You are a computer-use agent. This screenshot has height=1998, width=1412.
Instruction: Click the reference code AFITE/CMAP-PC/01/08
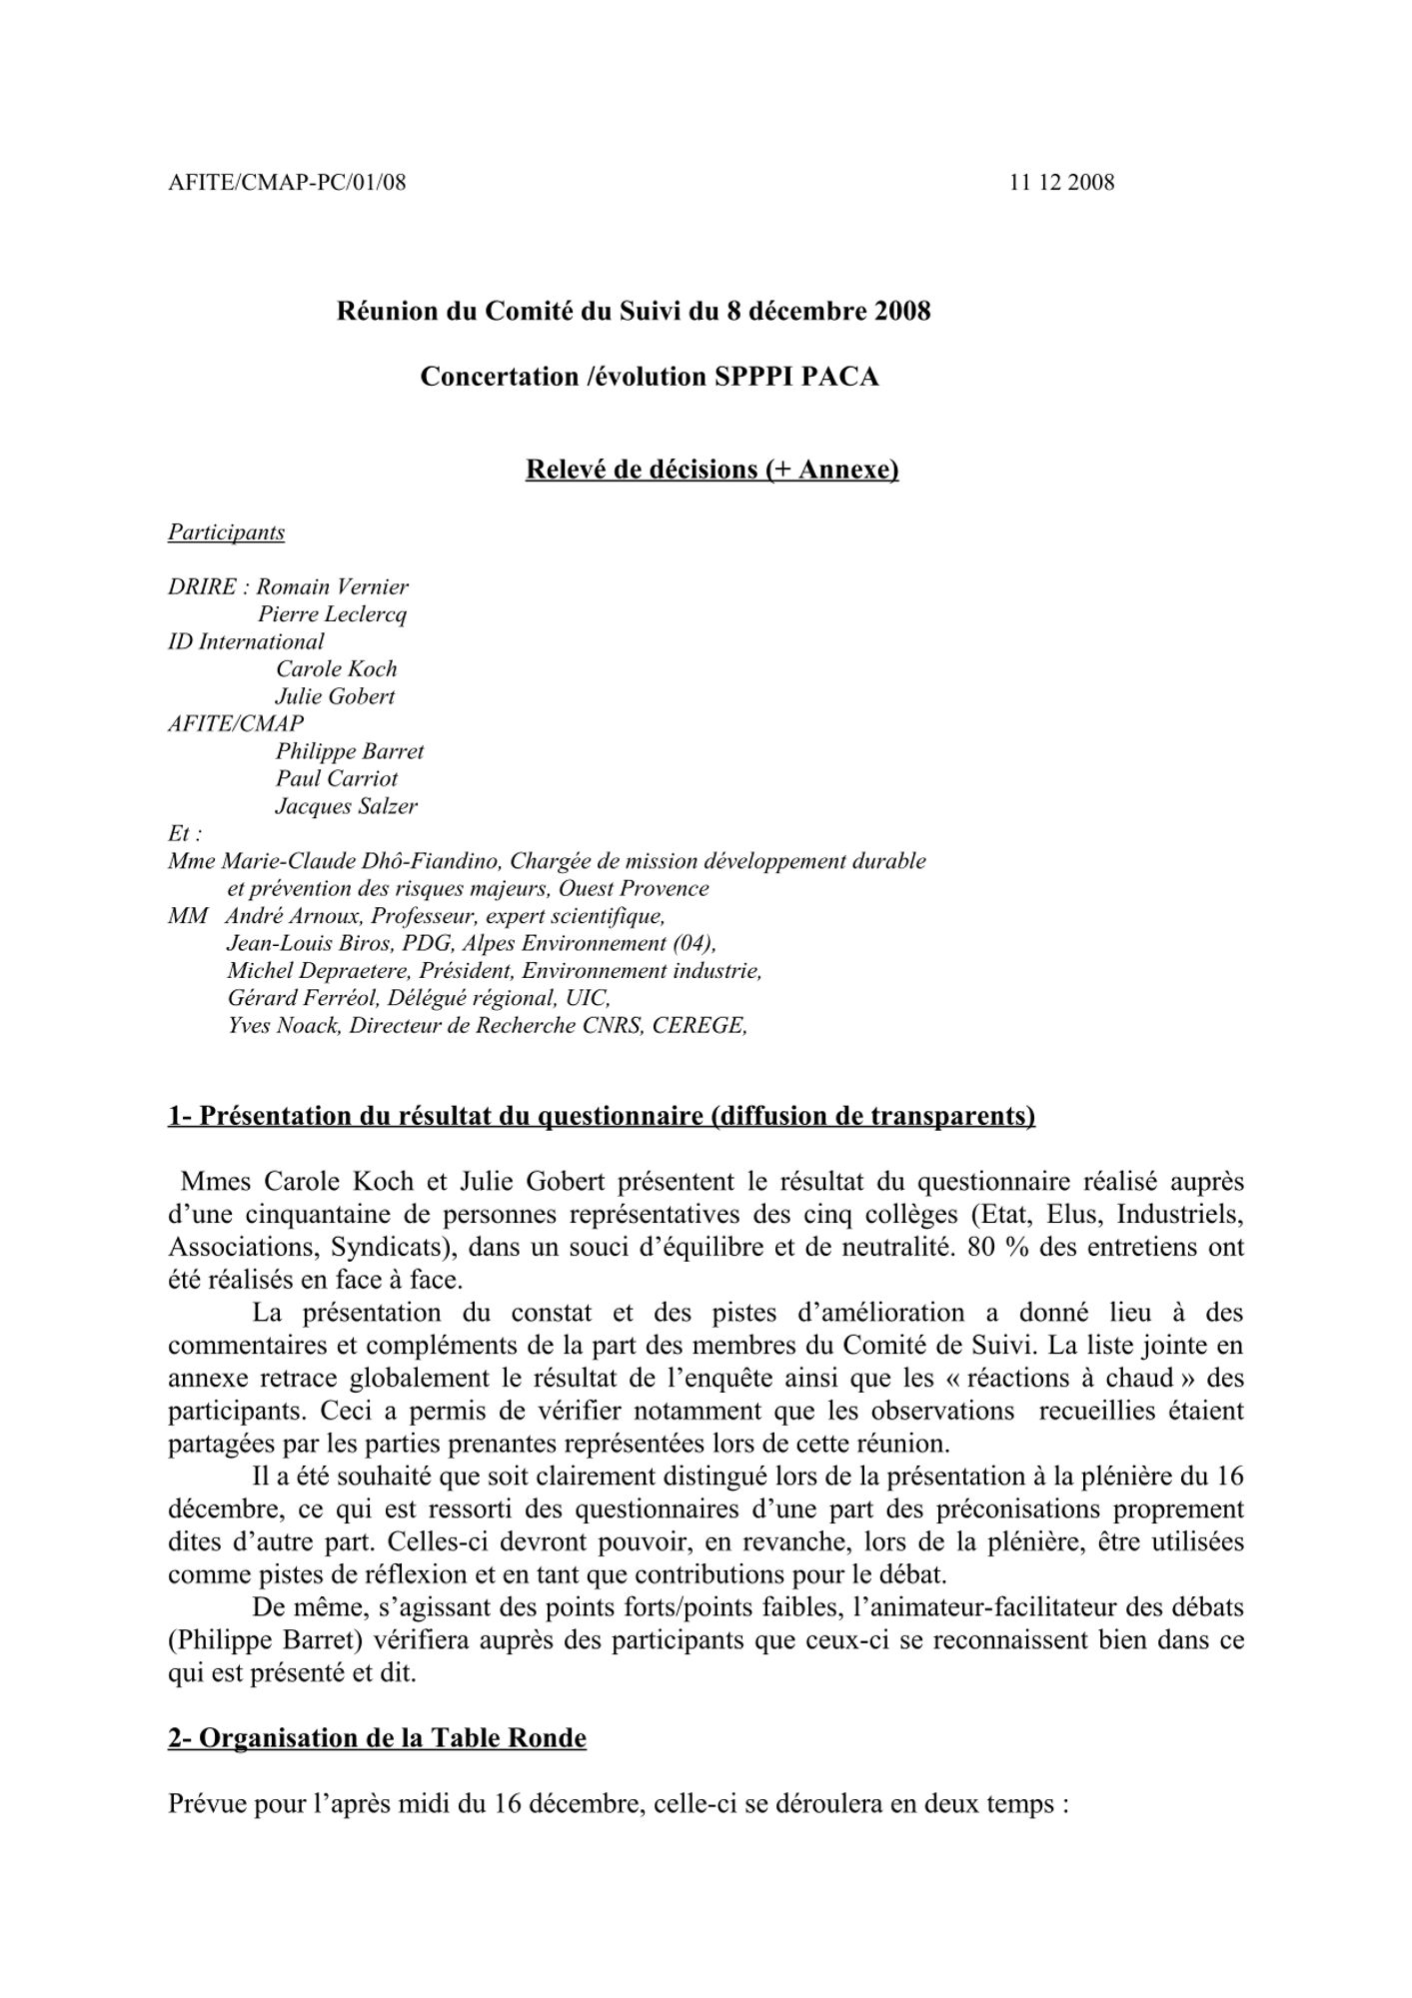click(287, 183)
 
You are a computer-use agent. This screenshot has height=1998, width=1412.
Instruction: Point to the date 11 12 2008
click(1061, 183)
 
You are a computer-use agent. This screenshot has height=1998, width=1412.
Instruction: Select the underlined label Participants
click(226, 532)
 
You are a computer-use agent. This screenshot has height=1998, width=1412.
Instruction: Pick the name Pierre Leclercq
click(332, 614)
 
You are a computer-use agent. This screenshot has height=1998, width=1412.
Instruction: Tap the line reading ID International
click(246, 642)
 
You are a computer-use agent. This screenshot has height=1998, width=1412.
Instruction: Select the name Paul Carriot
click(337, 779)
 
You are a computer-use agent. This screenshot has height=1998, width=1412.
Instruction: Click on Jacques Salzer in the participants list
click(346, 806)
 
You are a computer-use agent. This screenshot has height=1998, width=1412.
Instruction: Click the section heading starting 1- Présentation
click(601, 1116)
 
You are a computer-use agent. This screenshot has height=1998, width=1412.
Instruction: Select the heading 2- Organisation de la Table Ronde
click(377, 1738)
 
